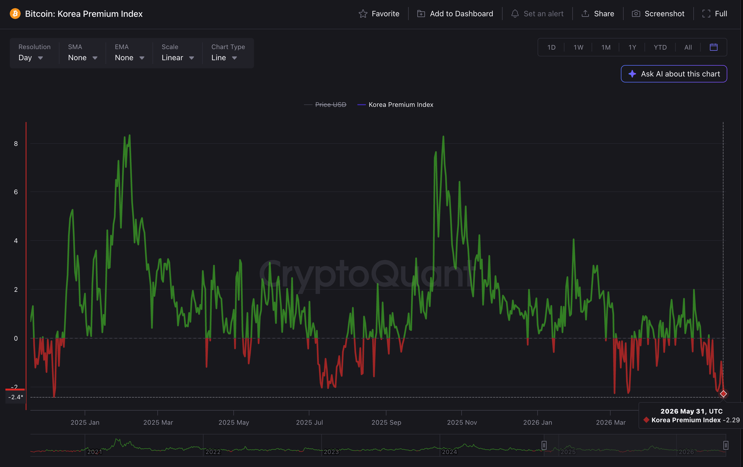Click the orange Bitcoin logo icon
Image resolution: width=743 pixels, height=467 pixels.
pos(15,14)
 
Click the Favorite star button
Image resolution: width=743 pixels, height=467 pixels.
pos(379,14)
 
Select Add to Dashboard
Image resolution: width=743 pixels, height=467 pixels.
pos(455,14)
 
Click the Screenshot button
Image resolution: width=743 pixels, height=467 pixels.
pos(658,14)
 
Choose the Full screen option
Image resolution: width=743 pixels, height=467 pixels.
pos(715,14)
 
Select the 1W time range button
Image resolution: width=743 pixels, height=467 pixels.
pos(578,47)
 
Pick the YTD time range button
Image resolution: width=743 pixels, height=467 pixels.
pos(660,47)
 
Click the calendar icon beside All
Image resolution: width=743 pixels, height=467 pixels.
pos(713,47)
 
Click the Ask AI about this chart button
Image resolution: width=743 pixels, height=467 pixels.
pos(674,74)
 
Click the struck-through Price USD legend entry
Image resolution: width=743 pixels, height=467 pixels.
pos(325,105)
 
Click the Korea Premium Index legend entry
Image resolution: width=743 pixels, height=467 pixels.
pos(395,105)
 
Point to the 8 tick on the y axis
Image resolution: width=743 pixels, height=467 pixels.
pos(16,143)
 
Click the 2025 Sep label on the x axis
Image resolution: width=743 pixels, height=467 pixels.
pos(386,422)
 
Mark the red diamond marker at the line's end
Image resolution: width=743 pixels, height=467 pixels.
pos(723,394)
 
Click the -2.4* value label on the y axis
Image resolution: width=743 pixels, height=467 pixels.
pos(15,397)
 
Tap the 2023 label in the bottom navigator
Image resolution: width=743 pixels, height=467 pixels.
pos(331,452)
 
